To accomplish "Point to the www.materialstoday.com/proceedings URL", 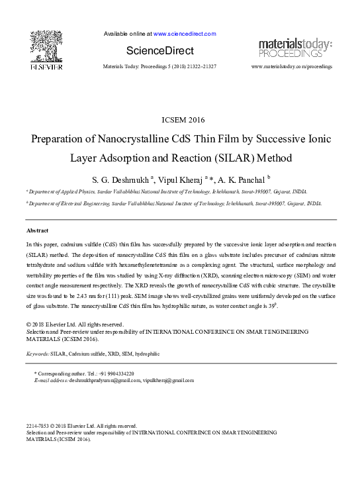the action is click(x=292, y=68).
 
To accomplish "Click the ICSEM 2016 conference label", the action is click(x=183, y=120).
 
